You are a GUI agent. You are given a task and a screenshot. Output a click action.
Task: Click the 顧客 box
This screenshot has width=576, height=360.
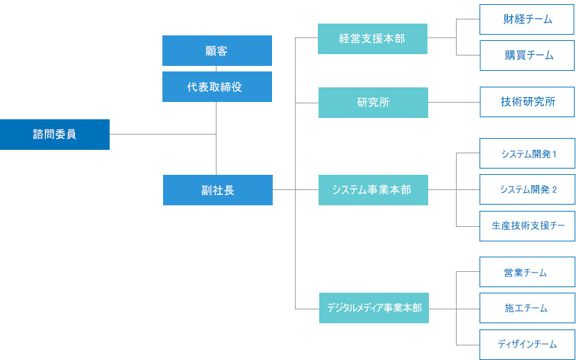(x=217, y=51)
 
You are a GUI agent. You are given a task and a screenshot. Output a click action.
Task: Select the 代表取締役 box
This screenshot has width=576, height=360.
(x=217, y=87)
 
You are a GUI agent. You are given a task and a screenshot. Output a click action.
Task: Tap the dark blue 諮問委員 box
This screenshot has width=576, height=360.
(x=54, y=135)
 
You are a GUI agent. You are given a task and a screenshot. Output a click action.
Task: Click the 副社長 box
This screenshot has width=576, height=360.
(x=217, y=189)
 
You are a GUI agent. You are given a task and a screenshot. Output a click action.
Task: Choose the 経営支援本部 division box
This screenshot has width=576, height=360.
(x=372, y=39)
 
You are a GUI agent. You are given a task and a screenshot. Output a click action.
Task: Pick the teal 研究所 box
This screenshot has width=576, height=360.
(x=373, y=103)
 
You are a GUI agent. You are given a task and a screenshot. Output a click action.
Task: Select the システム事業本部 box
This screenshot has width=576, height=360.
(x=373, y=189)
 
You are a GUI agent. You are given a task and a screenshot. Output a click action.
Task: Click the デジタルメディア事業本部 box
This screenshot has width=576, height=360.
(x=374, y=307)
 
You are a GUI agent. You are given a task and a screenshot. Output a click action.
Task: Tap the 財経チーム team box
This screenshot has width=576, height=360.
(x=527, y=19)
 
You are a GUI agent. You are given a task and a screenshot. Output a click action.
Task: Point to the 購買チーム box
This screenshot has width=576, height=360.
(x=527, y=55)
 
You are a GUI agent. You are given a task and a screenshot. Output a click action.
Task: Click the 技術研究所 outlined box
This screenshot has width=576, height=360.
(x=527, y=102)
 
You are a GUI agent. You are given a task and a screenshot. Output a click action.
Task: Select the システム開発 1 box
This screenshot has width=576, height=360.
(x=527, y=154)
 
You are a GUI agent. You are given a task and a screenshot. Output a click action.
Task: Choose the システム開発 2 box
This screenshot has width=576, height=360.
(x=527, y=189)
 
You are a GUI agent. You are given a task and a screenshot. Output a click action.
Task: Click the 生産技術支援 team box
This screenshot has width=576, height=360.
(x=527, y=225)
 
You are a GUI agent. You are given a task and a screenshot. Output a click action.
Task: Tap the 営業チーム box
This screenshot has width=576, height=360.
(x=527, y=273)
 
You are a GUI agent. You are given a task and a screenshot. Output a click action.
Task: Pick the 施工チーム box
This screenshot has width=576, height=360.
(x=527, y=308)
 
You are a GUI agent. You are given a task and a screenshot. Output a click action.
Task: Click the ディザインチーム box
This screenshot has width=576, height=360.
(x=527, y=344)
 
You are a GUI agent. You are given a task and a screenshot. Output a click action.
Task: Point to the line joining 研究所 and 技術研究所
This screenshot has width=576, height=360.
(x=454, y=103)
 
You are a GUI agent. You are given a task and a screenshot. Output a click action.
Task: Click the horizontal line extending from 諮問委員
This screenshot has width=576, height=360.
(x=162, y=134)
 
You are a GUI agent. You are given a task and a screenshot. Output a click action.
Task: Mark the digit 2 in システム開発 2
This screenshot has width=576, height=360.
(x=554, y=189)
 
